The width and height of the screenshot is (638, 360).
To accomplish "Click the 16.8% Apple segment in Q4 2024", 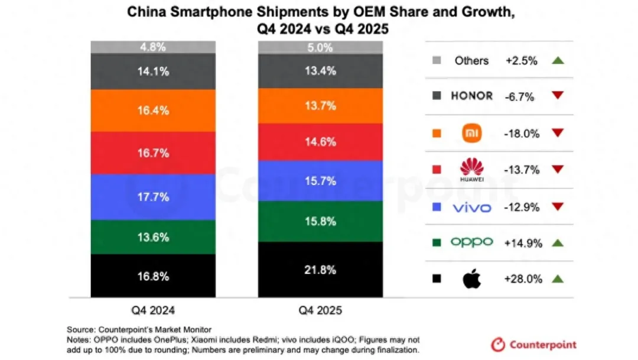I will [153, 276].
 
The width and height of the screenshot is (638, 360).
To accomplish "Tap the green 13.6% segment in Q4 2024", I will [153, 237].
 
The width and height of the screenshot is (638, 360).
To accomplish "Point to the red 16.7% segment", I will [153, 153].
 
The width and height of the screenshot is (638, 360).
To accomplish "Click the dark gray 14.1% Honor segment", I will [153, 72].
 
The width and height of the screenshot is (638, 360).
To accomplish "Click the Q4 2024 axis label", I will [153, 310].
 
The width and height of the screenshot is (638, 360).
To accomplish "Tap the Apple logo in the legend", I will [471, 279].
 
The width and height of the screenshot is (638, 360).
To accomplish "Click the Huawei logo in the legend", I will [471, 170].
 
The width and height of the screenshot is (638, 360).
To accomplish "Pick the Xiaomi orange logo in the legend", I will [471, 133].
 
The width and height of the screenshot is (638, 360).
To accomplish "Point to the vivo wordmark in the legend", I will [471, 207].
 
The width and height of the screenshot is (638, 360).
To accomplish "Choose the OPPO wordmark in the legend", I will [471, 242].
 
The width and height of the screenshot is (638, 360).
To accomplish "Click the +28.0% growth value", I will [523, 279].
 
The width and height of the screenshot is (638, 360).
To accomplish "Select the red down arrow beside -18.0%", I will [558, 133].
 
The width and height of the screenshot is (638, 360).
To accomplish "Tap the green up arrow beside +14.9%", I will [558, 242].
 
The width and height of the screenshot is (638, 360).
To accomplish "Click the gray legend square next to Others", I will [437, 60].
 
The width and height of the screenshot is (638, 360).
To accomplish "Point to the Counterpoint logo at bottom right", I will [533, 344].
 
